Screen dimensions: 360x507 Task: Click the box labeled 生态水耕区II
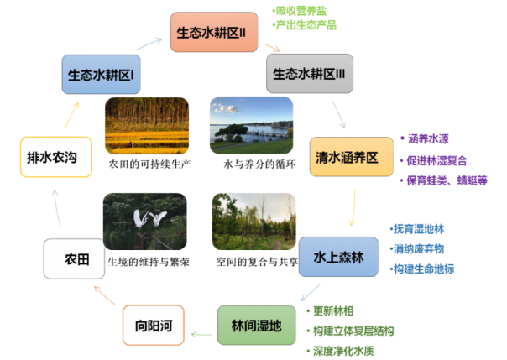tap(211, 33)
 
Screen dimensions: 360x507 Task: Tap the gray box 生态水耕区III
tap(309, 74)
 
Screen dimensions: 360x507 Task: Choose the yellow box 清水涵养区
tap(351, 156)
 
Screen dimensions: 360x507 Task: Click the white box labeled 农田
tap(76, 259)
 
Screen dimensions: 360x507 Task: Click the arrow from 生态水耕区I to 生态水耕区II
tap(148, 44)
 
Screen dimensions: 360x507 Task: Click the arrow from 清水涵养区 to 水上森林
tap(353, 207)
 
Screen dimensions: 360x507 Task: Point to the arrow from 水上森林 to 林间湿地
tap(310, 292)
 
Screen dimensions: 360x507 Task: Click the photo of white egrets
tap(144, 222)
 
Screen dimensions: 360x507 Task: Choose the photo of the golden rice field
tap(144, 126)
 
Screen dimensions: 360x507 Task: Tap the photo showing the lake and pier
tap(251, 124)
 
